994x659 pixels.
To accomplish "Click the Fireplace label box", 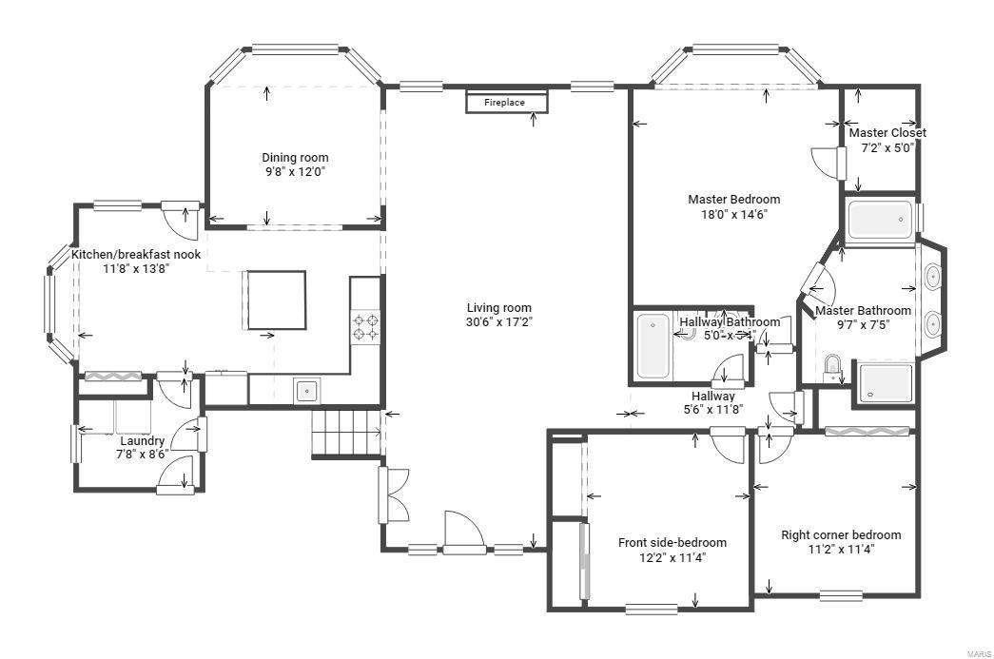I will click(507, 102).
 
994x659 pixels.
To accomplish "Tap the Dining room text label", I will click(295, 158).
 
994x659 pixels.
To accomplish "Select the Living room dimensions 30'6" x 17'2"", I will click(498, 322).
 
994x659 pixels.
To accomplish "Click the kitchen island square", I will click(277, 300).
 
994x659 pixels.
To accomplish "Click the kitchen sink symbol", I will click(306, 389).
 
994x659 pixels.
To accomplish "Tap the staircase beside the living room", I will click(346, 433).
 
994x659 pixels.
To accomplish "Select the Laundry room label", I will click(142, 441).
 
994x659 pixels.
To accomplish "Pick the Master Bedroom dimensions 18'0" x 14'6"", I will click(733, 214).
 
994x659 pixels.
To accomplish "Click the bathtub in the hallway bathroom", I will click(653, 346).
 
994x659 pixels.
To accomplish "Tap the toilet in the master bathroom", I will click(833, 366).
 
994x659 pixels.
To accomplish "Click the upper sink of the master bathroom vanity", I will click(933, 278).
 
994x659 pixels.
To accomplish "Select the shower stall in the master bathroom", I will click(885, 383).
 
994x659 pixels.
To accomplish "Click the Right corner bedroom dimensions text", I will click(841, 549).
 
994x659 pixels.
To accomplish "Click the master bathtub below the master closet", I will click(880, 220).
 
